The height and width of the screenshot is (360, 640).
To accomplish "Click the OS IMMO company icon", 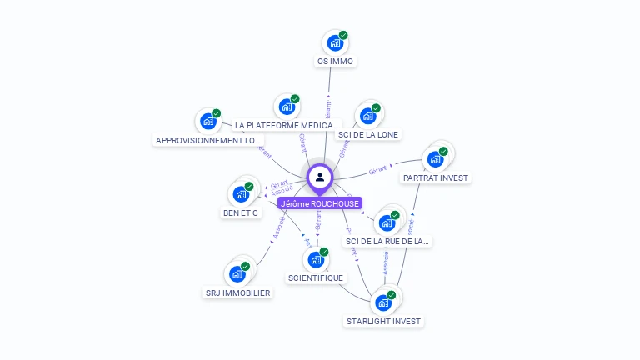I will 335,42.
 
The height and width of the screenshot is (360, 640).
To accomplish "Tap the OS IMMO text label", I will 335,62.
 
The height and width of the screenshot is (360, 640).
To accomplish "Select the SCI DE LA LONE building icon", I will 367,116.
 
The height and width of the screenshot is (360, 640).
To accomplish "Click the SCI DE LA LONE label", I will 368,134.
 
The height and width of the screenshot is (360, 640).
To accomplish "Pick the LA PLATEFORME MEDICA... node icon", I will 287,107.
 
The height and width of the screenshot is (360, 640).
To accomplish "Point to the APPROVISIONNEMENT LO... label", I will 208,140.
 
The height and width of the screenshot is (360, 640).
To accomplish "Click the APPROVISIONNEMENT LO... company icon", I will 208,122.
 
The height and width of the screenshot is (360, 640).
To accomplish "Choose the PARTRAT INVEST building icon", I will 435,159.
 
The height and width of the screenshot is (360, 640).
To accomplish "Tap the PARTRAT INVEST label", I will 436,177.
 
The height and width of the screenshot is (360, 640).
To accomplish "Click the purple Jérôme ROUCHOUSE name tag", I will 320,203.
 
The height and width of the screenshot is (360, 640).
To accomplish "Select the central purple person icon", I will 320,177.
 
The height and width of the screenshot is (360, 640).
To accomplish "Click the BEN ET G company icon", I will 241,194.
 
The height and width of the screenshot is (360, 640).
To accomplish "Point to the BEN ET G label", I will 241,212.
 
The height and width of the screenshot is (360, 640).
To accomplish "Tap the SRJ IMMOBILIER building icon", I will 237,274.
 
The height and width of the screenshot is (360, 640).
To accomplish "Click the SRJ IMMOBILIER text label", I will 237,292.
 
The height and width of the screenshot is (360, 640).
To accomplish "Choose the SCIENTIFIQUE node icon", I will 316,259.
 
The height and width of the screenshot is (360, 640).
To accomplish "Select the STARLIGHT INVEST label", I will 383,321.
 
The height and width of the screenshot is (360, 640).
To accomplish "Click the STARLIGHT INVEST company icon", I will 383,302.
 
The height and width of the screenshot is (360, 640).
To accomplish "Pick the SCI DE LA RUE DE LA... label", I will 387,241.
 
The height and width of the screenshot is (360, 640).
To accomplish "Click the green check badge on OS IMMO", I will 343,35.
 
